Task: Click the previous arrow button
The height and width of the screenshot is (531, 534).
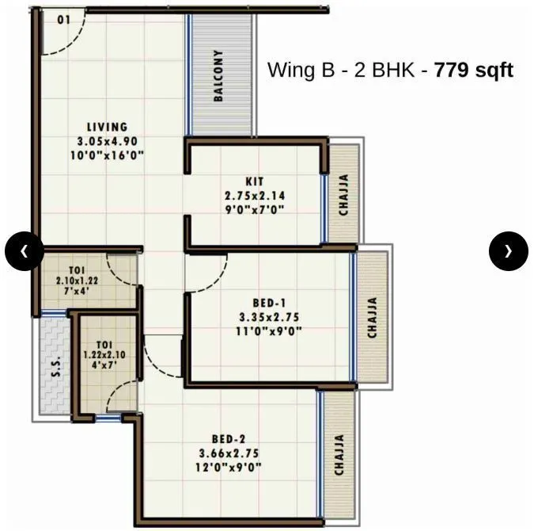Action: pyautogui.click(x=25, y=251)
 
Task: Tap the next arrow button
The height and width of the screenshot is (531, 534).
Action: pyautogui.click(x=508, y=251)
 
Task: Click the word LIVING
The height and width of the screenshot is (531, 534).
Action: pyautogui.click(x=107, y=127)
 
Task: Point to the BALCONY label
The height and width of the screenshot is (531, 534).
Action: pyautogui.click(x=219, y=76)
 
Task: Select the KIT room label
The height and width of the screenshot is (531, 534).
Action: pyautogui.click(x=255, y=181)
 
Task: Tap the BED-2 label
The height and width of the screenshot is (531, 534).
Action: pyautogui.click(x=229, y=439)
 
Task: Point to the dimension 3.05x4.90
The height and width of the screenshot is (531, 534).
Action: pyautogui.click(x=107, y=141)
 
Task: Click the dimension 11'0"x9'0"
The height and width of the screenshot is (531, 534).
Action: pyautogui.click(x=270, y=331)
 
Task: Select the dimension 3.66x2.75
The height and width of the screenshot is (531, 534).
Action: pyautogui.click(x=229, y=453)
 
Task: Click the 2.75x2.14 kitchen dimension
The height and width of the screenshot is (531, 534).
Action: pyautogui.click(x=255, y=196)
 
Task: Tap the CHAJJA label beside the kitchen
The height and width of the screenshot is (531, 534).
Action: pyautogui.click(x=344, y=195)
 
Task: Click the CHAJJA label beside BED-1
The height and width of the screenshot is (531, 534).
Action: pyautogui.click(x=372, y=318)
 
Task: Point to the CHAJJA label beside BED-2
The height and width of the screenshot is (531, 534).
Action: pyautogui.click(x=339, y=455)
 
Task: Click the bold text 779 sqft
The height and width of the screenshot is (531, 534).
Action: pyautogui.click(x=474, y=70)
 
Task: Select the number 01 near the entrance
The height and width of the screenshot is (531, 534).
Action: pyautogui.click(x=64, y=19)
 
